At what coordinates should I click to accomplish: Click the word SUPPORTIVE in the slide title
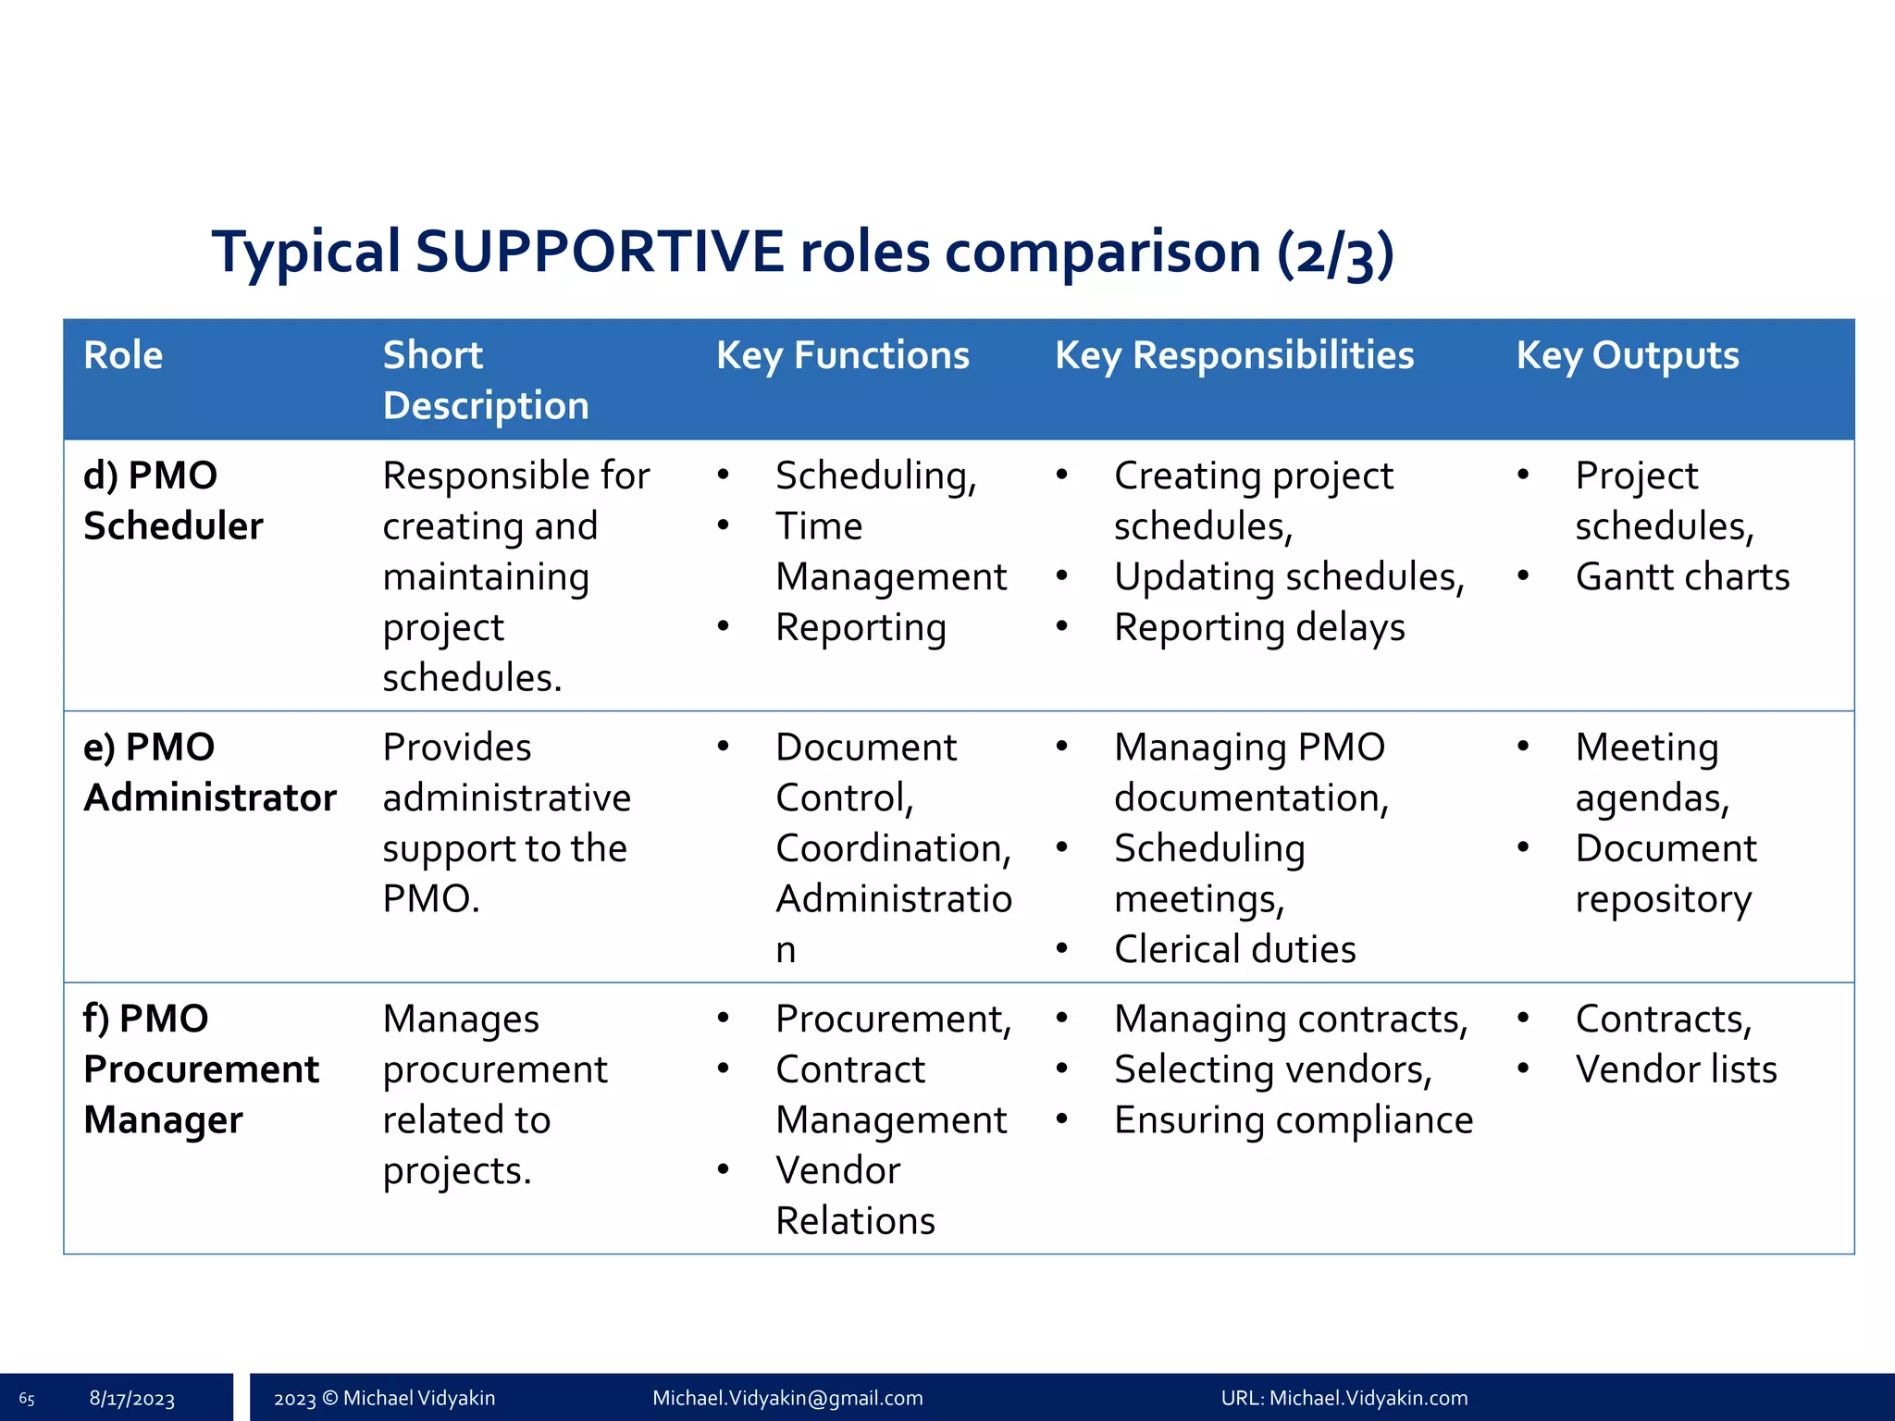(x=600, y=252)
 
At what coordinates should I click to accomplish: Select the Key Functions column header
(x=842, y=355)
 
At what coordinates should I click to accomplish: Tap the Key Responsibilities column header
(x=1233, y=355)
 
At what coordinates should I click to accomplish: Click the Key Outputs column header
(x=1627, y=355)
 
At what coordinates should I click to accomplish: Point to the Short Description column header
(x=485, y=380)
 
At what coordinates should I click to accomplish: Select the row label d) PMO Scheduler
(x=173, y=500)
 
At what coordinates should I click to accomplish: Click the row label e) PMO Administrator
(x=209, y=772)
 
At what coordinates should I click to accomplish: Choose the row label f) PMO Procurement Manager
(x=200, y=1069)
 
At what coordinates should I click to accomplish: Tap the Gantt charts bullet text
(x=1681, y=576)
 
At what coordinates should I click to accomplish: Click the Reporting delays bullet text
(x=1258, y=627)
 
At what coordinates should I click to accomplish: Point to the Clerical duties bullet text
(x=1234, y=949)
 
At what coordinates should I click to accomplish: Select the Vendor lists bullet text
(x=1675, y=1069)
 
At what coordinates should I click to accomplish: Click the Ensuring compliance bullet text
(x=1293, y=1119)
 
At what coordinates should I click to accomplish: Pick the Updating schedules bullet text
(x=1288, y=576)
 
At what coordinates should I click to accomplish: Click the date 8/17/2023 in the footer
(x=131, y=1399)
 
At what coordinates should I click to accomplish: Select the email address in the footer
(x=787, y=1398)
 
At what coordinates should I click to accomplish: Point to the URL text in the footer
(x=1344, y=1398)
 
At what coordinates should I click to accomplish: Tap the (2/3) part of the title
(x=1334, y=253)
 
